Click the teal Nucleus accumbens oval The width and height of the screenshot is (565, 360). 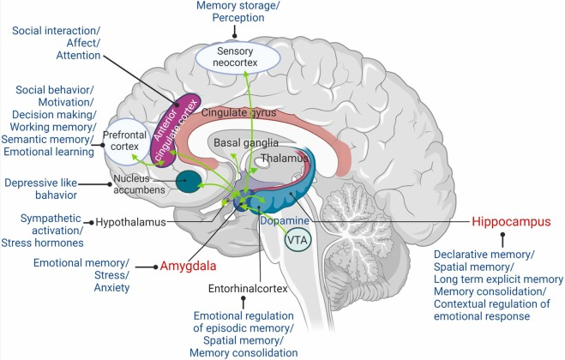pyautogui.click(x=189, y=181)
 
